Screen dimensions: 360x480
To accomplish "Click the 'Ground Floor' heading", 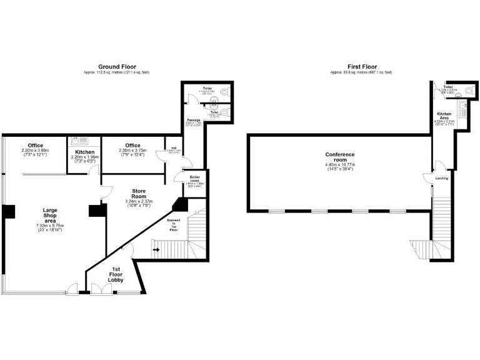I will tap(117, 66).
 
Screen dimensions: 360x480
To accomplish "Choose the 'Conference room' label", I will tap(339, 157).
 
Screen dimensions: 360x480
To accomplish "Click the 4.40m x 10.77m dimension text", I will tap(339, 165).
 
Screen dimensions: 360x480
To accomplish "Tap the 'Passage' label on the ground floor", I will tap(193, 119).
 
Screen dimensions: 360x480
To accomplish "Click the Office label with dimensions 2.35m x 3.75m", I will tap(132, 146).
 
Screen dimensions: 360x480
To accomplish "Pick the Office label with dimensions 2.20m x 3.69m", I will tap(35, 146).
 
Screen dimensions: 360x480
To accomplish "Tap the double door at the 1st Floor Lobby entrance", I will tap(98, 289).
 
